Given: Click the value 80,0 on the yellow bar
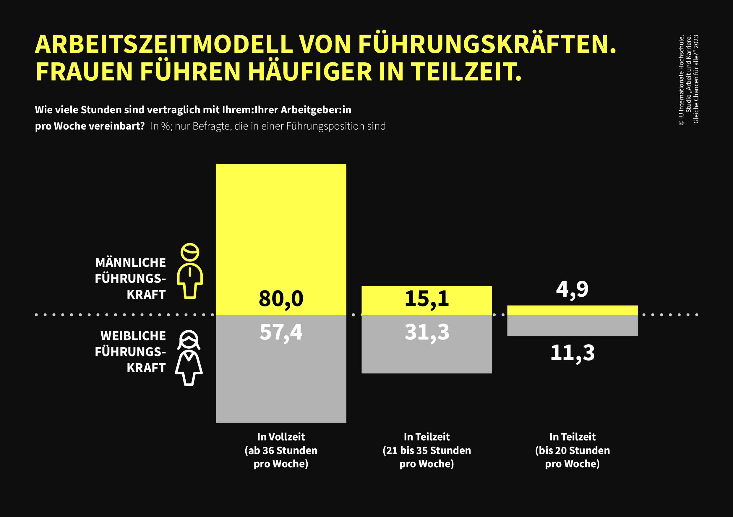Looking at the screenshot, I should click(281, 299).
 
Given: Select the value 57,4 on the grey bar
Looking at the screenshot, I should click(281, 332).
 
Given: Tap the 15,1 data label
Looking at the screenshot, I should click(426, 299).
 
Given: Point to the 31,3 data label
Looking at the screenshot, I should click(426, 332).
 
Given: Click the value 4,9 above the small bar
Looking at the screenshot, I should click(572, 290).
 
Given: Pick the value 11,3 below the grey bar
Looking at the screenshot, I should click(573, 353).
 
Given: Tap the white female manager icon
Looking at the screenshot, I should click(189, 358).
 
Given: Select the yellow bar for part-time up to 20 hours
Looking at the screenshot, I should click(573, 310).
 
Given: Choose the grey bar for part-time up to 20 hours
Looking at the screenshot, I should click(573, 325).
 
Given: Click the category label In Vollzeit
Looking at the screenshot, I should click(281, 437).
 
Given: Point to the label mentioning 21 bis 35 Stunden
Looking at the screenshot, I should click(426, 450).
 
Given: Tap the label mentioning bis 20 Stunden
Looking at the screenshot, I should click(573, 450).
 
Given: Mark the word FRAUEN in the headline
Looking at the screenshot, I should click(84, 72).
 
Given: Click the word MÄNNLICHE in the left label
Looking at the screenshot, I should click(131, 263).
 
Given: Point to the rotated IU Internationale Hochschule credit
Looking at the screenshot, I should click(681, 80).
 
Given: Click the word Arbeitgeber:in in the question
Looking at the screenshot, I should click(316, 110).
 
